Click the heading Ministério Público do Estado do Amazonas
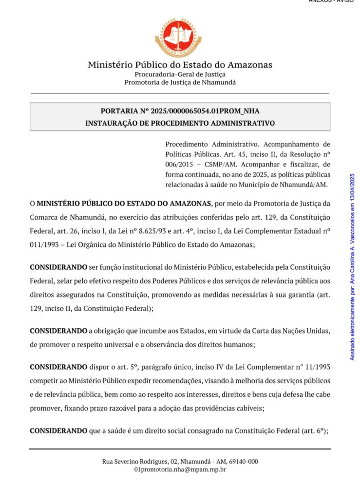(180, 65)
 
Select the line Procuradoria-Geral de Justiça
(180, 75)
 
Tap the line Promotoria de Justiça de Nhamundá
(180, 82)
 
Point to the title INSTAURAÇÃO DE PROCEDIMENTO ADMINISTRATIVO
(180, 123)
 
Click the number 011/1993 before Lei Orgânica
(46, 245)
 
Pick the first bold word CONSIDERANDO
(58, 268)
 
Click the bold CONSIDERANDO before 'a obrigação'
(58, 331)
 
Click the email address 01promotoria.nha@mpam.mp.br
(180, 469)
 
